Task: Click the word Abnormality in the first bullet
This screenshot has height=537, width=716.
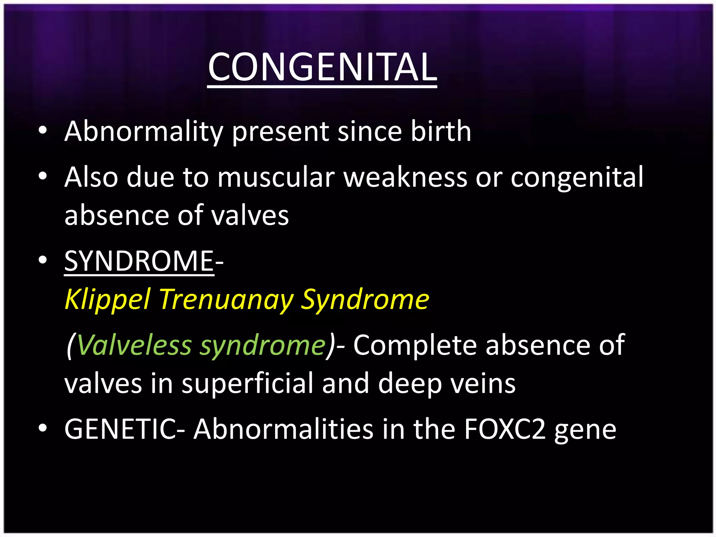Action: point(144,131)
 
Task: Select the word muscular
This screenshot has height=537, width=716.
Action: point(276,177)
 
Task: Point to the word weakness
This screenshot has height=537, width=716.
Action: point(405,177)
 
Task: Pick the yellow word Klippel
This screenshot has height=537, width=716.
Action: point(108,300)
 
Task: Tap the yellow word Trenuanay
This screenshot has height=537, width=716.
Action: point(226,300)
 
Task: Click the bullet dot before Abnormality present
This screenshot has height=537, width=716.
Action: point(43,131)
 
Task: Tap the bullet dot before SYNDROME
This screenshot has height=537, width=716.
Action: point(43,260)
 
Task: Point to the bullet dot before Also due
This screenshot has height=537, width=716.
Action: point(43,177)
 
